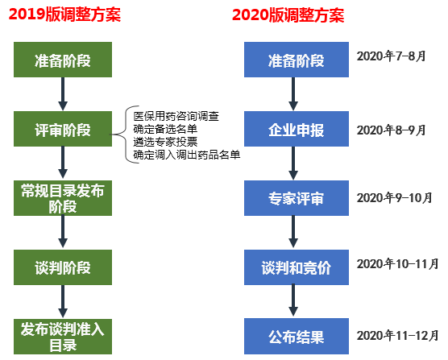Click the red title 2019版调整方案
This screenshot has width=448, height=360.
(64, 14)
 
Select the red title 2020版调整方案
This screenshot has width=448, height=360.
(288, 14)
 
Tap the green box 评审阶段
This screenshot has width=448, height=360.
(63, 129)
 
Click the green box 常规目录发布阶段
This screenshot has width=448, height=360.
(63, 198)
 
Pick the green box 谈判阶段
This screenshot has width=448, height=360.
(63, 267)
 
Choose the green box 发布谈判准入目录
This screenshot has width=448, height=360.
(63, 337)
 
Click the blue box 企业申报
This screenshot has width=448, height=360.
(297, 129)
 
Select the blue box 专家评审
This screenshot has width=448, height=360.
(297, 198)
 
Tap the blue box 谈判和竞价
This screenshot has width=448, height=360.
(297, 267)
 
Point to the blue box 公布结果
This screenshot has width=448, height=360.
(297, 337)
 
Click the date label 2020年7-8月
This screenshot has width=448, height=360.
(391, 56)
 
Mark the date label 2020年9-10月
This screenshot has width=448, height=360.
(394, 197)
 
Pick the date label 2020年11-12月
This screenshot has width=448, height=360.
(397, 335)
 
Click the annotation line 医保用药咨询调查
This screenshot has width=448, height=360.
(176, 116)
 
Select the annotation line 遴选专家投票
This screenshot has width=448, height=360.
(165, 142)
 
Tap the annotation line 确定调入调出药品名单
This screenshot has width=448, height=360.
(187, 155)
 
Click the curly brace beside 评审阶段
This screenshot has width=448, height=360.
(122, 134)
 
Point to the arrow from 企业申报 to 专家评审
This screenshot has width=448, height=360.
(293, 163)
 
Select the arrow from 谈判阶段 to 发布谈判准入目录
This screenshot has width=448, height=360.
(63, 301)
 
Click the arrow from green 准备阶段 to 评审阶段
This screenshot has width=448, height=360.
(63, 94)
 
